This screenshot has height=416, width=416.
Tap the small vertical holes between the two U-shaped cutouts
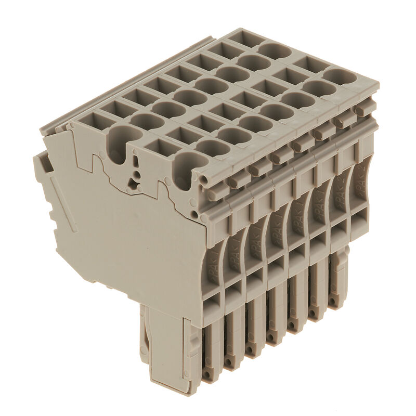pos(136,174)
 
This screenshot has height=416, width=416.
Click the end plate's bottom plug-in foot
pos(161,343)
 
